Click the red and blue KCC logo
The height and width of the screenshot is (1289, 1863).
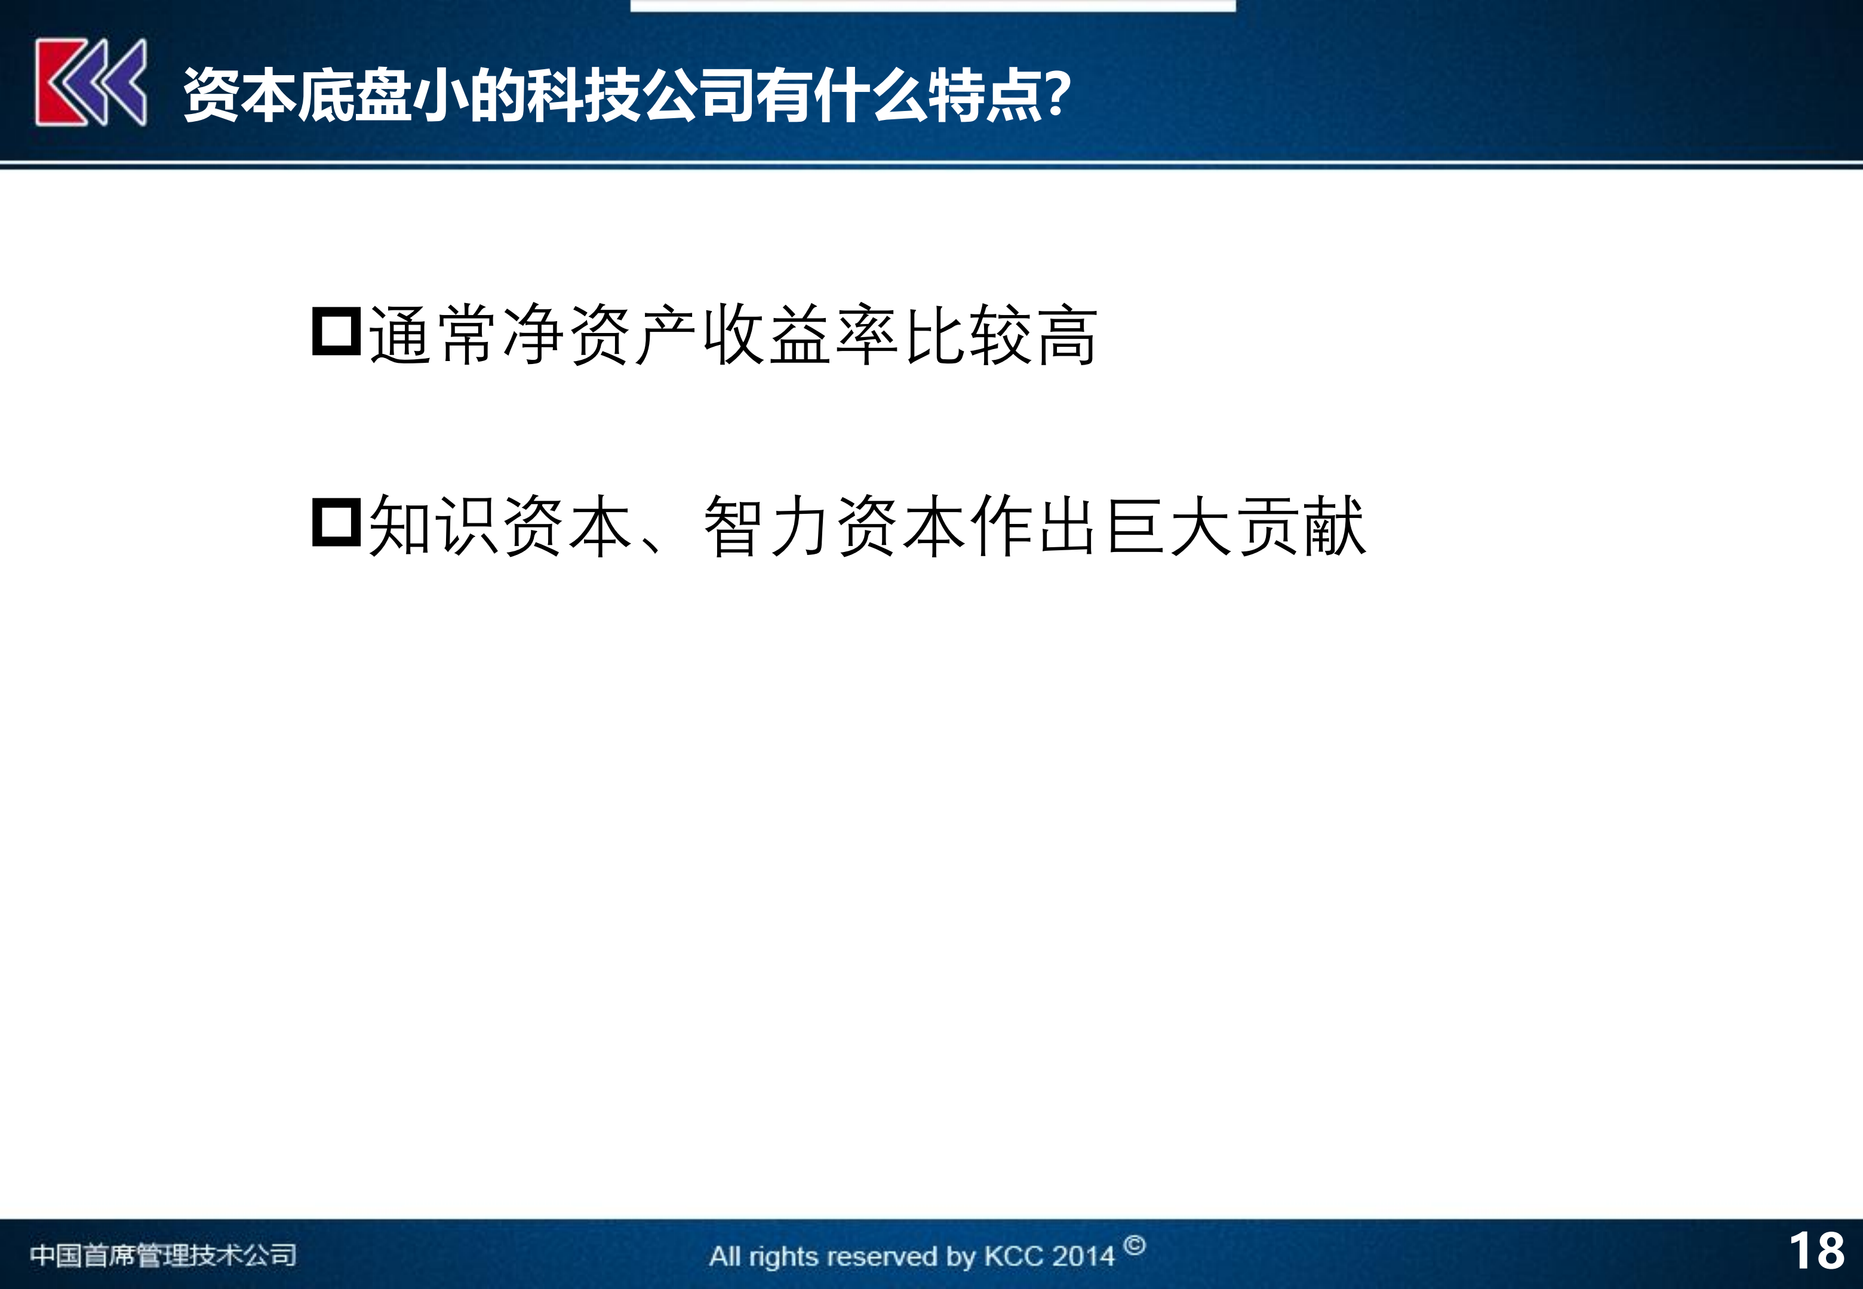(91, 82)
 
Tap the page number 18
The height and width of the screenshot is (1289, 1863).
(1817, 1251)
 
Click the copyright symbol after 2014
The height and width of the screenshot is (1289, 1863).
(1135, 1245)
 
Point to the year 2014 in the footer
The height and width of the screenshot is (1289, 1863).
(1083, 1257)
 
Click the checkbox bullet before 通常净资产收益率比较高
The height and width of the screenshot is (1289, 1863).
(336, 331)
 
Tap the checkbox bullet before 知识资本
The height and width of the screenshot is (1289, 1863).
(336, 523)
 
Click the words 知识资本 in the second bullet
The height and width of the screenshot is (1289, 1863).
(500, 526)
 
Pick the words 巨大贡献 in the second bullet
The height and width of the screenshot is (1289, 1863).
(1236, 526)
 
